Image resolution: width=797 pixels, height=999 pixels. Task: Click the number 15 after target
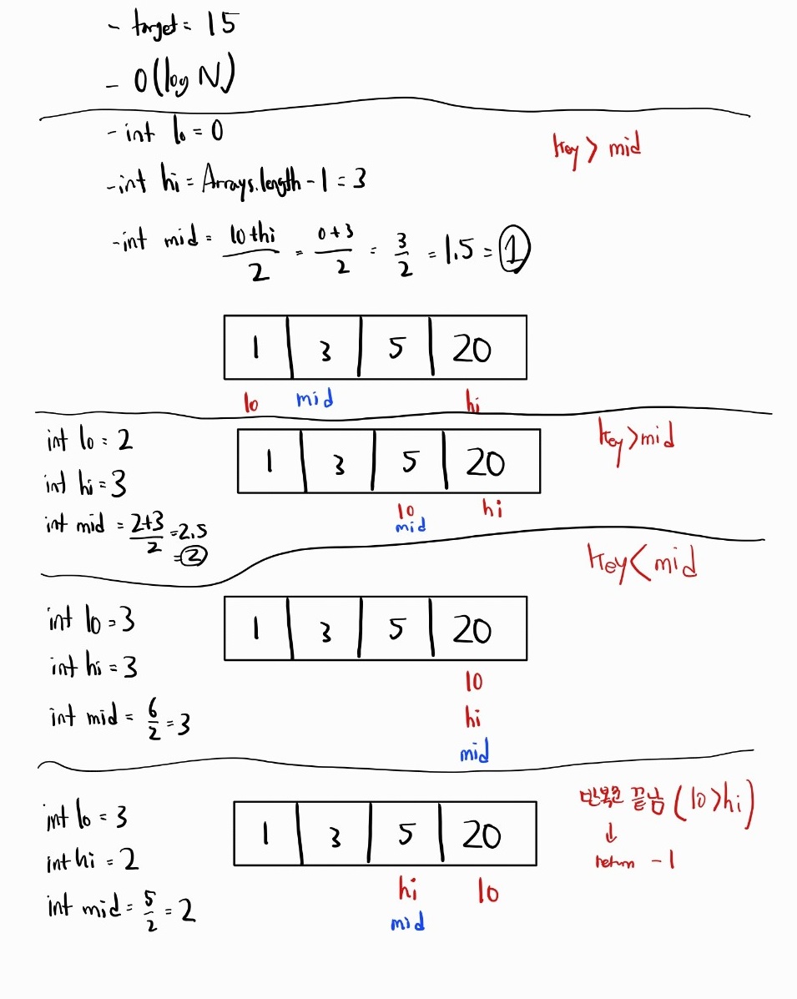(x=220, y=25)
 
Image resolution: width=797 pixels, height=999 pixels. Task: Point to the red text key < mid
(x=642, y=565)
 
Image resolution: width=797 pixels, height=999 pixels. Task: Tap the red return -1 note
(x=634, y=860)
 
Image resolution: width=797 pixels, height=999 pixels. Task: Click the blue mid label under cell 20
(x=473, y=754)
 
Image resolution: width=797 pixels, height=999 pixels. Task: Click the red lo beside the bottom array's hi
(x=488, y=892)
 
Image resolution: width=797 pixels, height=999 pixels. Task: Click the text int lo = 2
(x=90, y=440)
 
